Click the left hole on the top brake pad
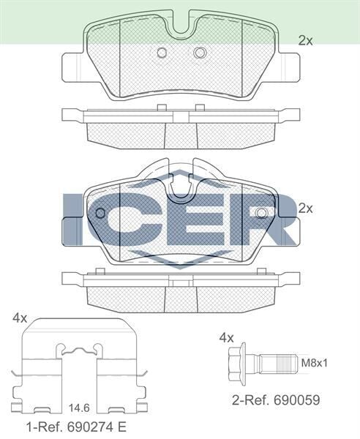(162, 52)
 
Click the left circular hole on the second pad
(100, 213)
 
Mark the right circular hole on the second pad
(261, 213)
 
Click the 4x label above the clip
(20, 318)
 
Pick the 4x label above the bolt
(227, 337)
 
